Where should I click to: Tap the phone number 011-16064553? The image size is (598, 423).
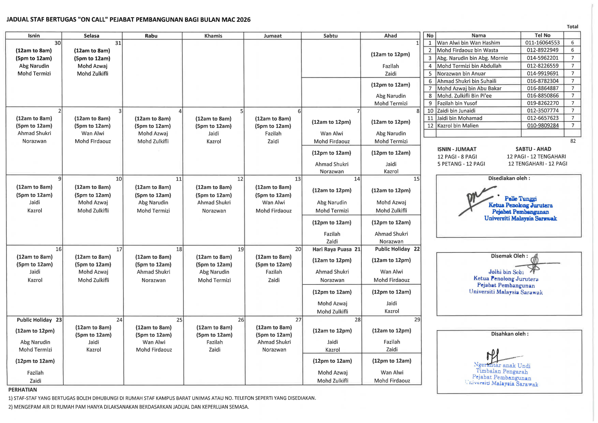543,43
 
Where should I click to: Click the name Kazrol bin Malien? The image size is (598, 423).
458,126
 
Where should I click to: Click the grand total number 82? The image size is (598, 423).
573,141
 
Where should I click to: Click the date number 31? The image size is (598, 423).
118,43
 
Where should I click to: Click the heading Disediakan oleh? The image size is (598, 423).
509,178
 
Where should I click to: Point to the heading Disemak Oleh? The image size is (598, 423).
509,256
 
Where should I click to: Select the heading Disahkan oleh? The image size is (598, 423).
510,334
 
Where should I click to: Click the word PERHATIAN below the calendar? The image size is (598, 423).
23,390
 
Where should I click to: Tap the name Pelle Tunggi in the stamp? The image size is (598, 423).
520,199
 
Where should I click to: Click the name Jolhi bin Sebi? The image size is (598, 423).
506,272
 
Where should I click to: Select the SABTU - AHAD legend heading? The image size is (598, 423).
533,149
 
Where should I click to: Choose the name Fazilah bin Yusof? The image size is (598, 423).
457,103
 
